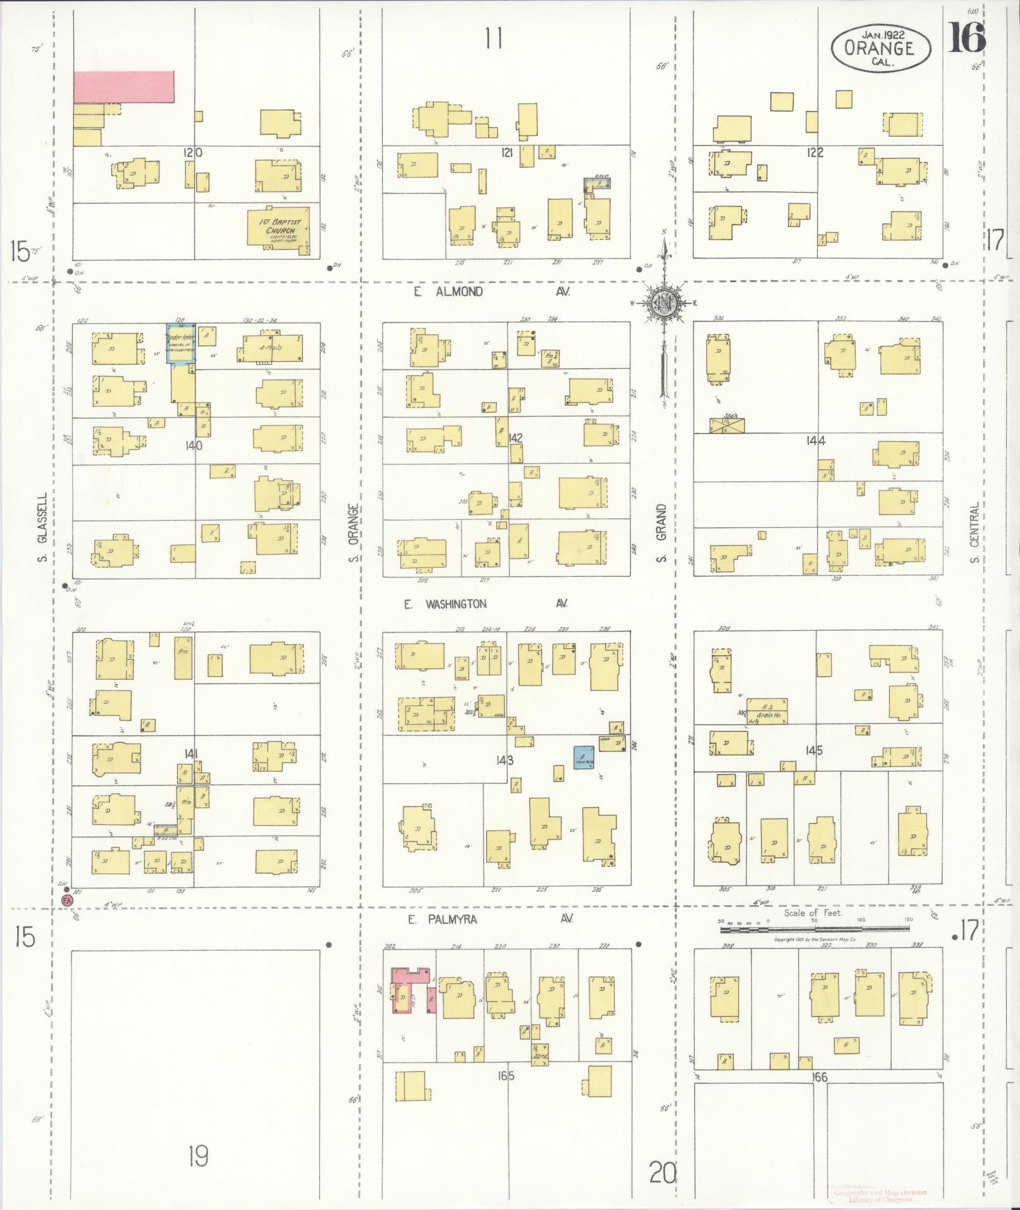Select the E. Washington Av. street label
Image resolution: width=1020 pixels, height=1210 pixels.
pyautogui.click(x=486, y=604)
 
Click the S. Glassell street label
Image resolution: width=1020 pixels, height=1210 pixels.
pyautogui.click(x=42, y=528)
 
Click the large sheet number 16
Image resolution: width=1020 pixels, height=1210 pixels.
pyautogui.click(x=966, y=39)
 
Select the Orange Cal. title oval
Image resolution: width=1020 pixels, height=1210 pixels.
pyautogui.click(x=881, y=49)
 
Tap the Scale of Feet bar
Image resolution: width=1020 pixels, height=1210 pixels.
pyautogui.click(x=814, y=929)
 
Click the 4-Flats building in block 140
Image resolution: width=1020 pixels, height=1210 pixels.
pyautogui.click(x=270, y=349)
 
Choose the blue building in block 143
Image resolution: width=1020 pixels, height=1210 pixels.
pyautogui.click(x=584, y=757)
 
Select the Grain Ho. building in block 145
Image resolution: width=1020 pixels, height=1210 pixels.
pyautogui.click(x=767, y=711)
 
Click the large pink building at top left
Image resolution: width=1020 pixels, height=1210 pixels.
pyautogui.click(x=124, y=87)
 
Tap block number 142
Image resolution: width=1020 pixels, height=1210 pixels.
pyautogui.click(x=515, y=438)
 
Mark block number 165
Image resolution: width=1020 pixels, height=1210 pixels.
pyautogui.click(x=506, y=1076)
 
